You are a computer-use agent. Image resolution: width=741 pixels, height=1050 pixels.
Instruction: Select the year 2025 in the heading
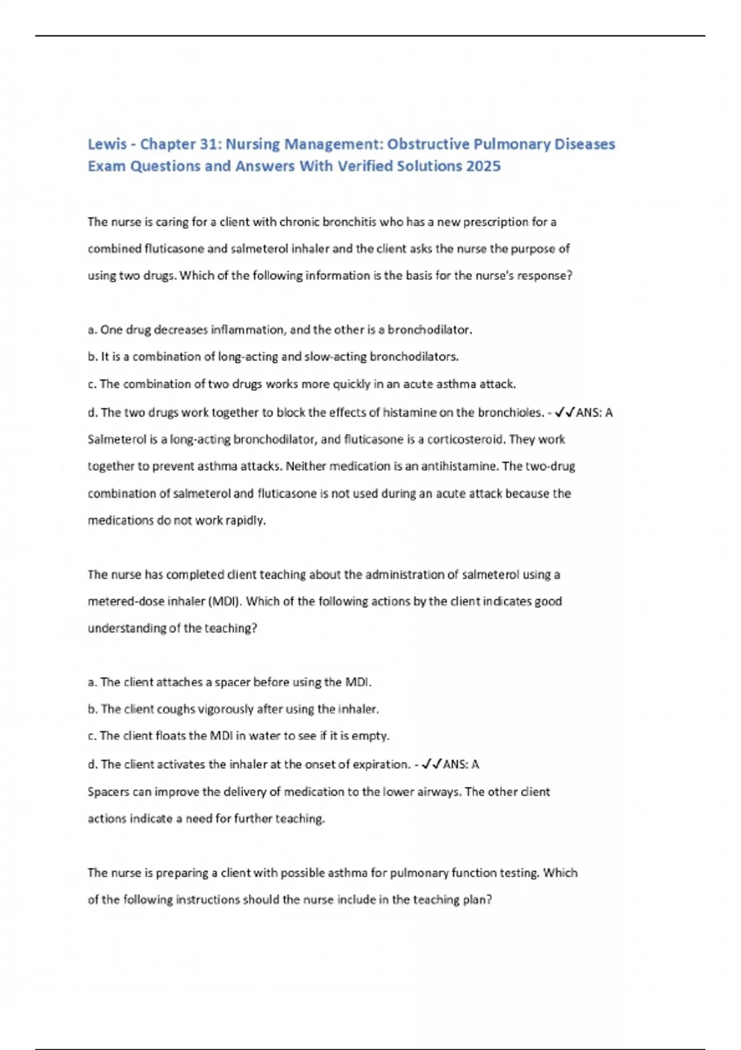coord(484,166)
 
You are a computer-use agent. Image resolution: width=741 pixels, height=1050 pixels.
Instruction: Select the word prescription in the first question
coord(497,222)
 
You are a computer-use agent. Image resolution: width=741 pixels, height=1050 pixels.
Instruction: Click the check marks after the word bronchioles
coord(564,413)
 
